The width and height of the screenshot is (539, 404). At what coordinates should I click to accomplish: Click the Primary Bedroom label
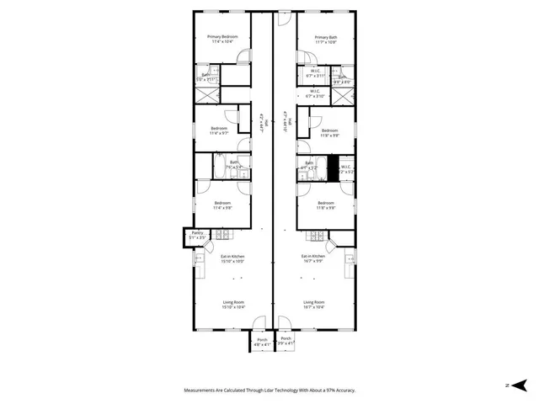click(x=223, y=38)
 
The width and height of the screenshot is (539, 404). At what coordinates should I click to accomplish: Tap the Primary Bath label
click(x=326, y=38)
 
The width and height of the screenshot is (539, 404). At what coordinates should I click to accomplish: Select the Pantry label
click(x=197, y=233)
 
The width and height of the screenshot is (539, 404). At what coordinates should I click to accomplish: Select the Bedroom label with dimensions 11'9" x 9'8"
click(x=329, y=130)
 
